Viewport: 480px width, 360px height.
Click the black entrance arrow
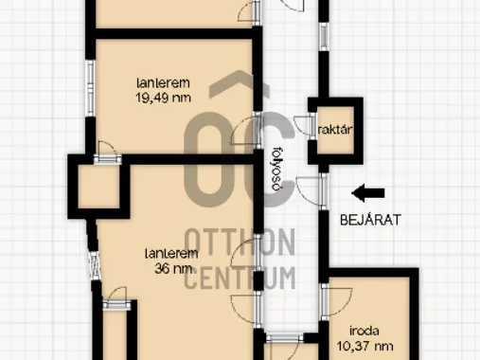368,193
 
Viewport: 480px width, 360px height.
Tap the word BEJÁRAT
370,220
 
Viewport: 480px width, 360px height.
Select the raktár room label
335,130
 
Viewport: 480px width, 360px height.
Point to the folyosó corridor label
276,169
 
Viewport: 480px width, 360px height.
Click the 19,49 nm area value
163,98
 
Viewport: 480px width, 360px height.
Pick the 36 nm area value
173,268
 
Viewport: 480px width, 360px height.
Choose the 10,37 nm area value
364,346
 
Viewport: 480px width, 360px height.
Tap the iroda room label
364,332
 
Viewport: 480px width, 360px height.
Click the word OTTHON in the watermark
240,243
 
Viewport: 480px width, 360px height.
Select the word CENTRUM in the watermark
240,278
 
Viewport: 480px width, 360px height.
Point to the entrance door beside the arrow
311,191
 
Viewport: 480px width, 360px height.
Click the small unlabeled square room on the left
98,187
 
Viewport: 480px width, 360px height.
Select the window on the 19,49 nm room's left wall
91,87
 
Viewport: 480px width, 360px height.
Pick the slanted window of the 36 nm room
95,265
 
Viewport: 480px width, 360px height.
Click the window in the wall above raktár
324,37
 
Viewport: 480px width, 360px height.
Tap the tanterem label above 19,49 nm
163,83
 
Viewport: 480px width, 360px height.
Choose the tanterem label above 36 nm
171,254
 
